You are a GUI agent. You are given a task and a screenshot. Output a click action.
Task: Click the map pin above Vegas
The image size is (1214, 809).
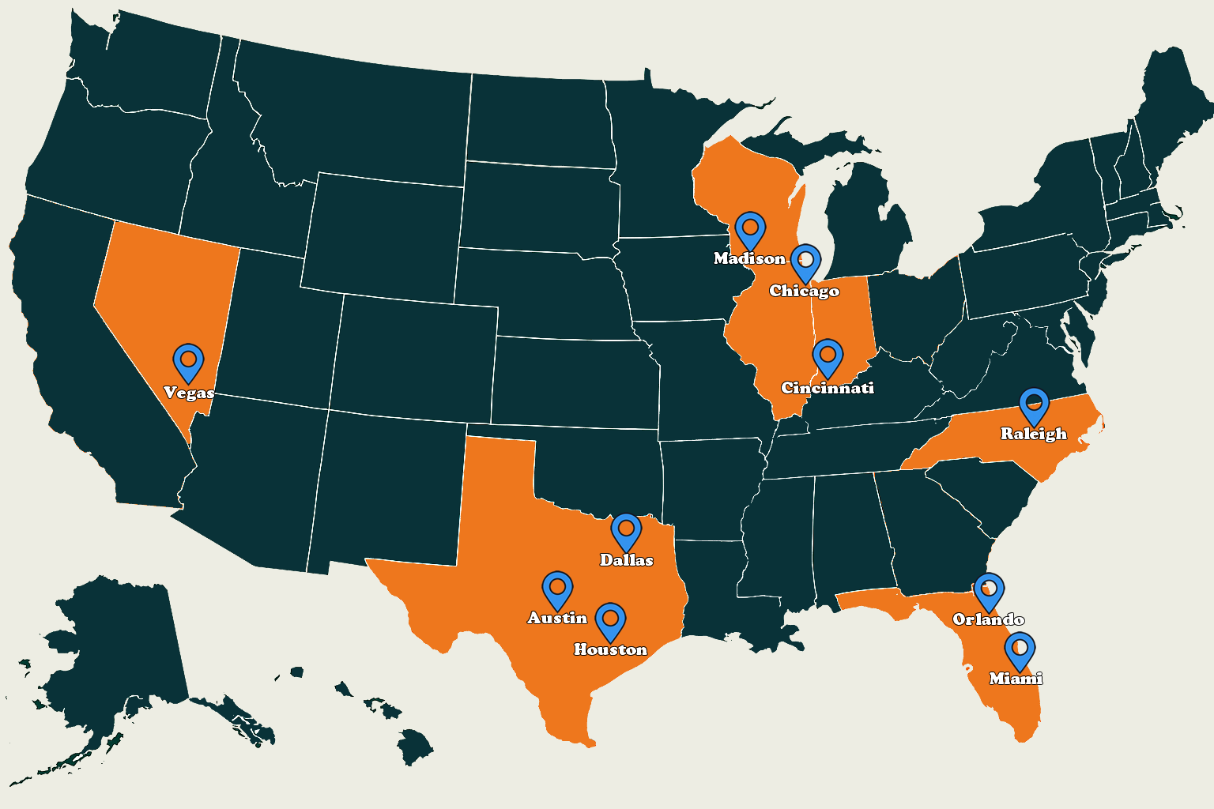[x=188, y=361]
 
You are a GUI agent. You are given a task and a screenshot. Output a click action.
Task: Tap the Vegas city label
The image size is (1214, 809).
[x=189, y=393]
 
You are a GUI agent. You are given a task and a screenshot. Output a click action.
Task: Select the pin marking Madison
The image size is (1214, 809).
[x=750, y=229]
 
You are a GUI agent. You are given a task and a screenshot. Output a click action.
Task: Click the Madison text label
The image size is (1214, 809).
[x=749, y=258]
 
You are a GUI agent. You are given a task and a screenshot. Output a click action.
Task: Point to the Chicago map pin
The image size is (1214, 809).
[x=805, y=262]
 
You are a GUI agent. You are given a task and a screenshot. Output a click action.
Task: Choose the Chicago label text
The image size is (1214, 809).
[x=805, y=291]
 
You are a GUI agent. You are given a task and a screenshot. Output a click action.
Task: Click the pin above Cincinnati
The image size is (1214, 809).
[x=828, y=357]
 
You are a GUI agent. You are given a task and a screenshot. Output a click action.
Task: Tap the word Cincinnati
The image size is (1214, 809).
[x=828, y=388]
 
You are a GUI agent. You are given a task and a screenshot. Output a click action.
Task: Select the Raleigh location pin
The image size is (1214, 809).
[x=1034, y=405]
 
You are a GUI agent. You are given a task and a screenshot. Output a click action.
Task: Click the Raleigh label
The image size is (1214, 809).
[x=1034, y=434]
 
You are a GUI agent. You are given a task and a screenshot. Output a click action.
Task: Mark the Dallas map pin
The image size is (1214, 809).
[x=626, y=530]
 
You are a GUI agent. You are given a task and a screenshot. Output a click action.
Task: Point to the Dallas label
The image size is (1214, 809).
[x=627, y=560]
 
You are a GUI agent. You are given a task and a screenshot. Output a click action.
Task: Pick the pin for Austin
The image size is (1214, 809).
[x=557, y=589]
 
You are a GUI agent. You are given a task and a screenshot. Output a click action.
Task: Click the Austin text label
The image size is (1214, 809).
[x=557, y=618]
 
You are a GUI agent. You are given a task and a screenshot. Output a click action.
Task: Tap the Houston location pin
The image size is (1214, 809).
[x=610, y=621]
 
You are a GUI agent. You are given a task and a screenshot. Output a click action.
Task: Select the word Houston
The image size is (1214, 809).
[x=610, y=649]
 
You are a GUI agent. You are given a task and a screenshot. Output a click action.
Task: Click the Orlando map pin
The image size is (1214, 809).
[x=989, y=591]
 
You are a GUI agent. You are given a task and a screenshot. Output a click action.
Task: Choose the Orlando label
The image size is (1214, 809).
[x=989, y=619]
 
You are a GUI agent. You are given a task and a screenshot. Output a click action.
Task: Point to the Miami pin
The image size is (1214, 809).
[x=1020, y=649]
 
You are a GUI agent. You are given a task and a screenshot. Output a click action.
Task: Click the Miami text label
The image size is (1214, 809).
[x=1016, y=679]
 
